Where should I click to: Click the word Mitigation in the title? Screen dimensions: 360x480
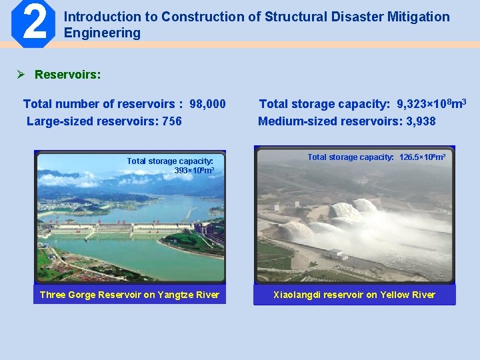pyautogui.click(x=417, y=17)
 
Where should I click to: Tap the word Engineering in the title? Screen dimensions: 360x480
pyautogui.click(x=102, y=33)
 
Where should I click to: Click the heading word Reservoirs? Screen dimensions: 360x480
pyautogui.click(x=67, y=74)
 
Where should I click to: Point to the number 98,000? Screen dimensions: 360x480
pyautogui.click(x=207, y=104)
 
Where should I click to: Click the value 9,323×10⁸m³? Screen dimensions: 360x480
pyautogui.click(x=431, y=104)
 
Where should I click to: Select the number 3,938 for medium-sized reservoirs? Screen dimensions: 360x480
pyautogui.click(x=416, y=121)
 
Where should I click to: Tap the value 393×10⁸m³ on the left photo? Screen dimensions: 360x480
pyautogui.click(x=193, y=171)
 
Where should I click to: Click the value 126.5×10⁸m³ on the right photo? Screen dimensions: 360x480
pyautogui.click(x=422, y=158)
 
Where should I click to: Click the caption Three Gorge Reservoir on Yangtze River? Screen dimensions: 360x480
pyautogui.click(x=129, y=295)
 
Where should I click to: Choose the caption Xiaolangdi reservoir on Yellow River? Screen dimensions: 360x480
pyautogui.click(x=354, y=295)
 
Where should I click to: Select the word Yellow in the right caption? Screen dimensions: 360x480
pyautogui.click(x=395, y=295)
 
